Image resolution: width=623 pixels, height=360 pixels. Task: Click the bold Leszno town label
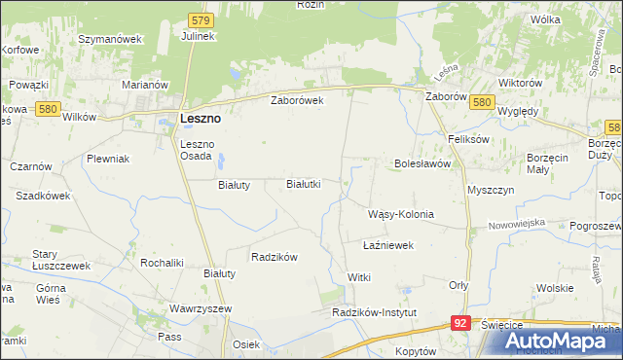(201, 118)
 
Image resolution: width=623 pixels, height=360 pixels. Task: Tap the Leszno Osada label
(202, 151)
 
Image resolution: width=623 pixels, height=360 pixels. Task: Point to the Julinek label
(198, 36)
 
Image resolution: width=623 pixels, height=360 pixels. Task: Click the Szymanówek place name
(110, 39)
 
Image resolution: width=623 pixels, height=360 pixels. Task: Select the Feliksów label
(467, 139)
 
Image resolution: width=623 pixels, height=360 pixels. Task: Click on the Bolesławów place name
(421, 164)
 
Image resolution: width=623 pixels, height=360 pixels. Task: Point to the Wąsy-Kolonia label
(400, 214)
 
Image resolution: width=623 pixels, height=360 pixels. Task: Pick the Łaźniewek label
(388, 246)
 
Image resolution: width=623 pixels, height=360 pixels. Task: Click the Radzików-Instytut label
(374, 312)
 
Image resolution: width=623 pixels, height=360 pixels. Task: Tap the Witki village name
(359, 278)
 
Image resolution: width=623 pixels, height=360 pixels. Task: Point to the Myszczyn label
(490, 190)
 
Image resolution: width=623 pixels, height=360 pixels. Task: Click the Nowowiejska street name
(517, 223)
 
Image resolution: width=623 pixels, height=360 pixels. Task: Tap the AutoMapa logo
(550, 342)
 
